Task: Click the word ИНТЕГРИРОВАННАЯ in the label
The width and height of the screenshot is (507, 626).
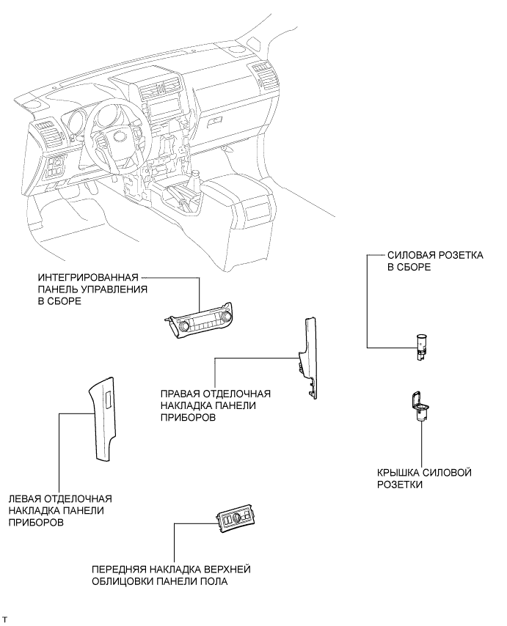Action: (x=88, y=277)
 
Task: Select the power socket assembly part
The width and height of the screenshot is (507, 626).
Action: (x=420, y=347)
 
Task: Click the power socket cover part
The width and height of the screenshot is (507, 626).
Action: (x=420, y=406)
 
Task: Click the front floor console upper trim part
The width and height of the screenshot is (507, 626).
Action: (x=236, y=520)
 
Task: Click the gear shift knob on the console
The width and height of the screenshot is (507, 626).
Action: (x=196, y=177)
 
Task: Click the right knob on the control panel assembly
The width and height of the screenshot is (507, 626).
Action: (x=228, y=316)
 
